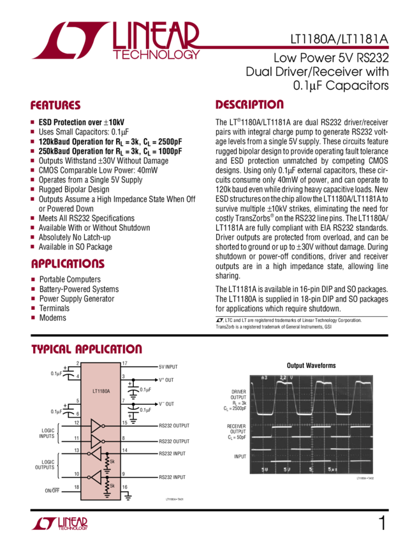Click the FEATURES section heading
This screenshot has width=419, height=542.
click(x=55, y=105)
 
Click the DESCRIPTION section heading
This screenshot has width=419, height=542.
click(x=249, y=105)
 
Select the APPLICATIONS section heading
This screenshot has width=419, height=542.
click(x=68, y=263)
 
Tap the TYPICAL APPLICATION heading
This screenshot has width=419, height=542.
click(x=87, y=349)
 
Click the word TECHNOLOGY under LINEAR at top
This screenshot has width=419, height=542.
click(x=156, y=55)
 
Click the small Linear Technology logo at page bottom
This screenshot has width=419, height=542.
click(x=59, y=524)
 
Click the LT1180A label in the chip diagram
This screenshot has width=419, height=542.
click(x=100, y=392)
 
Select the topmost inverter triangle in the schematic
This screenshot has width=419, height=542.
click(x=96, y=425)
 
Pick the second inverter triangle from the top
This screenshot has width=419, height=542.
click(x=96, y=441)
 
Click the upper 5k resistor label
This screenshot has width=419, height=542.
click(x=112, y=461)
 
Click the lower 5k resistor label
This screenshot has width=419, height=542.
click(x=112, y=485)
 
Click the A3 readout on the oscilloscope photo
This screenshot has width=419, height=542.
click(x=265, y=378)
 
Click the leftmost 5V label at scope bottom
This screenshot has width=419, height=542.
click(x=264, y=469)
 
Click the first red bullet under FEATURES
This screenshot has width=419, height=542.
click(x=32, y=121)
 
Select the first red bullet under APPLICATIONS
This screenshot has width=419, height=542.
click(x=32, y=279)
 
